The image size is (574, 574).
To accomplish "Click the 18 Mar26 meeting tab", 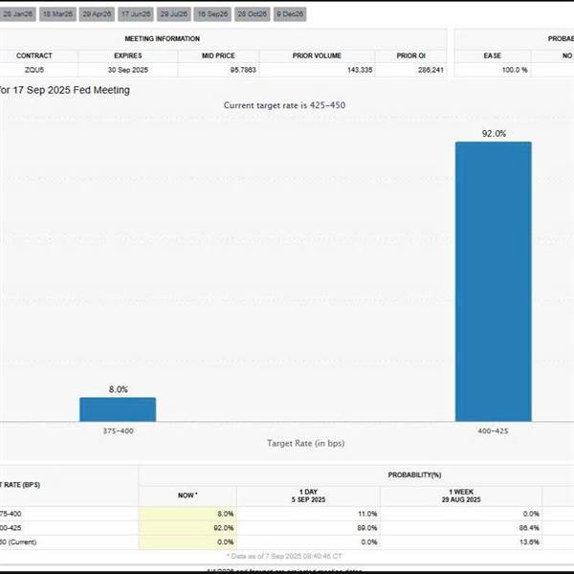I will (57, 14).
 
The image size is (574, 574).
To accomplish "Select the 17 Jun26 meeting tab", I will (135, 14).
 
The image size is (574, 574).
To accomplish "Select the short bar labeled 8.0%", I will (117, 408).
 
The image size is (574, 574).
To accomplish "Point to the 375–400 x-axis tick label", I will (117, 431).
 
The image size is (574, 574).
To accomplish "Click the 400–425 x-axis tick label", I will (493, 431).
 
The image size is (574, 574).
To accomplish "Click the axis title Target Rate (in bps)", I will (305, 444).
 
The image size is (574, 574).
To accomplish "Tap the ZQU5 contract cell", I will (33, 70).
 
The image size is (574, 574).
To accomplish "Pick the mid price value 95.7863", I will (217, 70).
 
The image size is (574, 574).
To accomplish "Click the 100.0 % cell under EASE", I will (492, 70).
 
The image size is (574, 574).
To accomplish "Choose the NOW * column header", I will (188, 495).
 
